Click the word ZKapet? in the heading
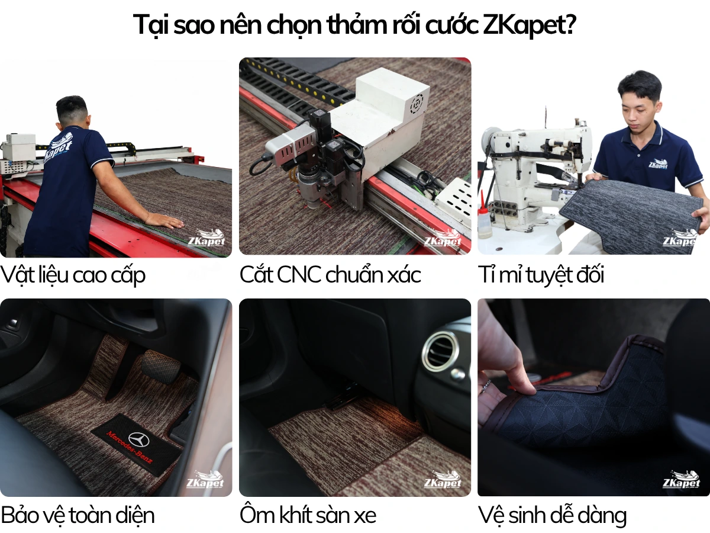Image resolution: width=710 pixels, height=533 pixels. [530, 25]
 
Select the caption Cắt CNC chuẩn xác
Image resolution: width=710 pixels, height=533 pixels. [330, 275]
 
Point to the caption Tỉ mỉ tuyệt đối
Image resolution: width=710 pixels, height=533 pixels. [541, 275]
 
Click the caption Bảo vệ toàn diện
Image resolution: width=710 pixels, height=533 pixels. [78, 515]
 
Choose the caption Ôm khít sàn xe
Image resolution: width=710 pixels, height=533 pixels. [308, 515]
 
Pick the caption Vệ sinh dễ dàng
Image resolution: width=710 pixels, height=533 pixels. [552, 515]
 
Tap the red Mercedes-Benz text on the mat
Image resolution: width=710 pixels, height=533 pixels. [128, 447]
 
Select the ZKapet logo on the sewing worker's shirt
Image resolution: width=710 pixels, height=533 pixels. [657, 164]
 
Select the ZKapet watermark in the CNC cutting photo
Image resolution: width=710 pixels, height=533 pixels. [443, 238]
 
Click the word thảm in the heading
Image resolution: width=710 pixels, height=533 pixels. [356, 25]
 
